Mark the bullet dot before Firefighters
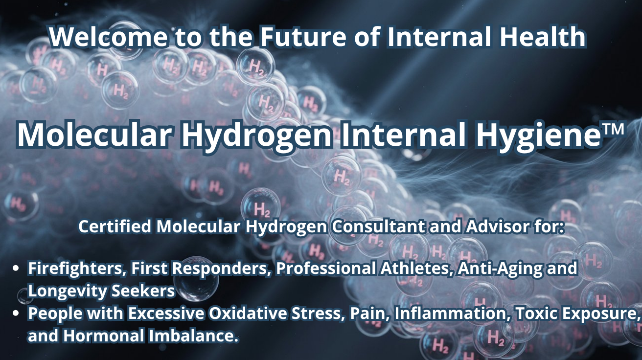[x=17, y=269]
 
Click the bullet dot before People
[x=17, y=313]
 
